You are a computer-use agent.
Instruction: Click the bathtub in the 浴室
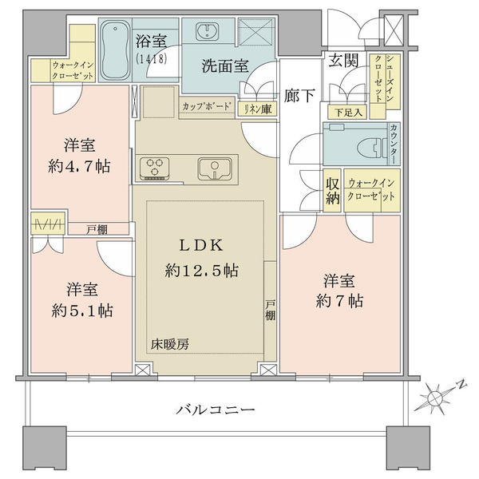coord(115,50)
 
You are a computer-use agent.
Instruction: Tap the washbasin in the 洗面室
coord(208,31)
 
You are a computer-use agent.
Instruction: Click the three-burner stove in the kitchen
coord(155,168)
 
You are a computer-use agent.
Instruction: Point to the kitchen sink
coord(215,169)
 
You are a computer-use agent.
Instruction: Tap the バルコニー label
coord(216,410)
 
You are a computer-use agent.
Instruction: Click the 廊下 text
coord(299,95)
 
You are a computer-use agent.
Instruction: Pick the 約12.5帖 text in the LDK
coord(202,271)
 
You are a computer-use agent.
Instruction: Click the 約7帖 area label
coord(339,301)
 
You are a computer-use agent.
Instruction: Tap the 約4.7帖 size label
coord(79,167)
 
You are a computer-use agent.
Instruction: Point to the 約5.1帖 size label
coord(82,311)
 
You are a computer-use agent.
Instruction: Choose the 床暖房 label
coord(170,345)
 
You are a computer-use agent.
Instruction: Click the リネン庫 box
coord(258,108)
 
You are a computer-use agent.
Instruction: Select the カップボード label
coord(207,106)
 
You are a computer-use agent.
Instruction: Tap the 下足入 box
coord(347,113)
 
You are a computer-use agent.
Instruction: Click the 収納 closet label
coord(332,192)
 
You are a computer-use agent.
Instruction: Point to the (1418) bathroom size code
coord(152,58)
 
